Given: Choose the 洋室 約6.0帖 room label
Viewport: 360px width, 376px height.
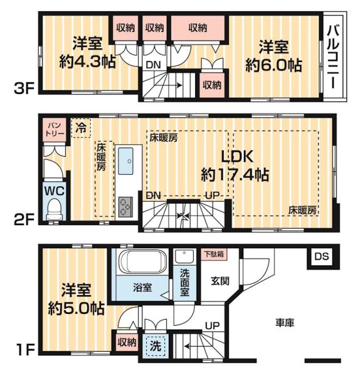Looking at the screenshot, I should click(274, 56).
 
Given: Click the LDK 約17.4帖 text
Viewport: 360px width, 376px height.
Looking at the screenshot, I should click(235, 165).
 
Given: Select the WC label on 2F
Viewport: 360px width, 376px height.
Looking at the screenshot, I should click(53, 190).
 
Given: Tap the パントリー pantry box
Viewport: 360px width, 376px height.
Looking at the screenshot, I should click(52, 130).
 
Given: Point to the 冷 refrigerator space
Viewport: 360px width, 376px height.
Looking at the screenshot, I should click(81, 127).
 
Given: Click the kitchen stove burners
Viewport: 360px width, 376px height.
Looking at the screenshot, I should click(125, 204).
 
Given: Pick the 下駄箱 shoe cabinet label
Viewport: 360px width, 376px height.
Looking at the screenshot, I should click(213, 254).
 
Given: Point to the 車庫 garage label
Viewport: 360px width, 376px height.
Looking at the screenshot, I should click(285, 323).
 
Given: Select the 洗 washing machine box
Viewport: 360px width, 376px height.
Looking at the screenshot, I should click(153, 346).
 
